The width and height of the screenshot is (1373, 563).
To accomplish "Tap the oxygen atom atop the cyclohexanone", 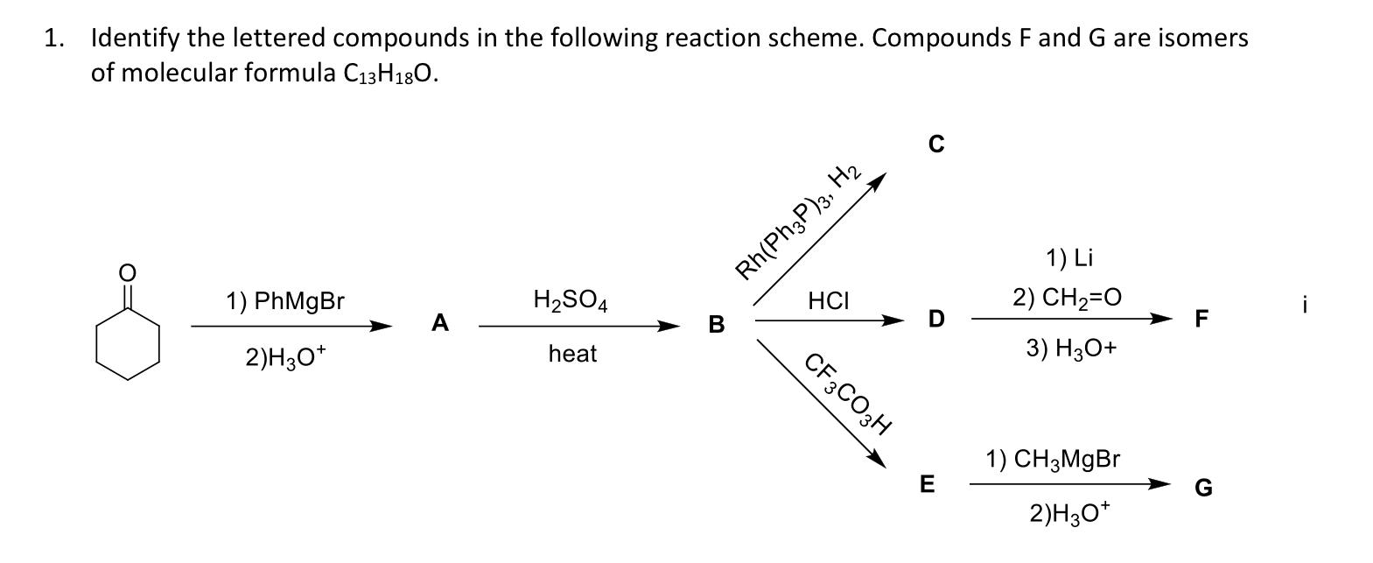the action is coord(128,272).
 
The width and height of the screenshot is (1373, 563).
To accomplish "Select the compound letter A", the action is coord(440,324).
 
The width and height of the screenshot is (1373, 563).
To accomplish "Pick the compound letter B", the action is coord(716,325).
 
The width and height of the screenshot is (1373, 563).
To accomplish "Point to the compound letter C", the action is coord(936,144).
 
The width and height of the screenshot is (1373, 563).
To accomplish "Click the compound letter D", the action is coord(936,320).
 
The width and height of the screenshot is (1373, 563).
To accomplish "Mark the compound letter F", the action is coord(1201,320).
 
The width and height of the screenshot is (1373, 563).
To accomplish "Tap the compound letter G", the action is coord(1203,489).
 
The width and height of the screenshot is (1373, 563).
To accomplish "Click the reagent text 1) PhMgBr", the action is coord(285,302).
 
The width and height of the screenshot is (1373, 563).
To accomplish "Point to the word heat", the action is coord(572,354).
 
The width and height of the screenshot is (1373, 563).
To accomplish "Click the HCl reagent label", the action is coord(828,301).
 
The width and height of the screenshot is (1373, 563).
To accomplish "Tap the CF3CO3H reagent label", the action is coord(848,393).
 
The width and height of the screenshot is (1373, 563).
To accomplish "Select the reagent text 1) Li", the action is coord(1069,257).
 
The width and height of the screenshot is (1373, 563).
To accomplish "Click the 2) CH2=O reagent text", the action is coord(1067,298).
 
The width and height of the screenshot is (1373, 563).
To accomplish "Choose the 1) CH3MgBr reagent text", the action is coord(1053,459).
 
